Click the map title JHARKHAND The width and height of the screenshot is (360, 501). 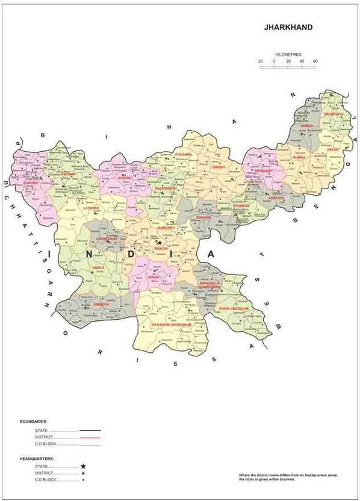pos(288,28)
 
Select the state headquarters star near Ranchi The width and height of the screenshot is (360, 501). pos(160,242)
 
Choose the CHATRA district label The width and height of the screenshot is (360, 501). pos(125,178)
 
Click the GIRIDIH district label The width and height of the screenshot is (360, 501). pos(218,167)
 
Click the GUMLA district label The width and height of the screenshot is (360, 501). pos(98,266)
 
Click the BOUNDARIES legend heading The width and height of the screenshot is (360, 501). pos(33,422)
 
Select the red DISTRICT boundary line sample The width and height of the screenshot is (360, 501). pos(90,437)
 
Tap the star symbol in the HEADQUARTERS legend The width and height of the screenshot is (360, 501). pos(83,467)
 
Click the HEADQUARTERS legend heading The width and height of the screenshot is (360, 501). pos(37,459)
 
